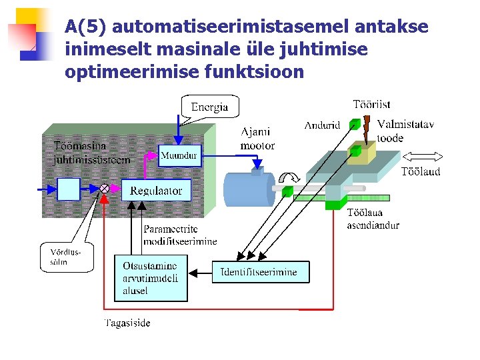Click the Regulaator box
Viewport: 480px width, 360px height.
[156, 190]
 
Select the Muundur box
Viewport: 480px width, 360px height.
[179, 155]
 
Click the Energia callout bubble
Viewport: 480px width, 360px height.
[209, 107]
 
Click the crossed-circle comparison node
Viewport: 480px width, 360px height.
[105, 189]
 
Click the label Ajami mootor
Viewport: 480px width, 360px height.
[257, 139]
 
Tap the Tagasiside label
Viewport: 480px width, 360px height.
[127, 323]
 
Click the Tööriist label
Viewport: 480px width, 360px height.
[371, 104]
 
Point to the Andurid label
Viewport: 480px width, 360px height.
[322, 125]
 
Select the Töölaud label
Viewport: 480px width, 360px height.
[420, 171]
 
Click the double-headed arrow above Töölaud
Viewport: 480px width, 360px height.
[422, 156]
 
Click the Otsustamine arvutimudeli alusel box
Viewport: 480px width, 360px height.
[151, 278]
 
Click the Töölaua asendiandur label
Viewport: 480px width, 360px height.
[373, 219]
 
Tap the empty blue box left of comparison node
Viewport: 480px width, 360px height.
[68, 189]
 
